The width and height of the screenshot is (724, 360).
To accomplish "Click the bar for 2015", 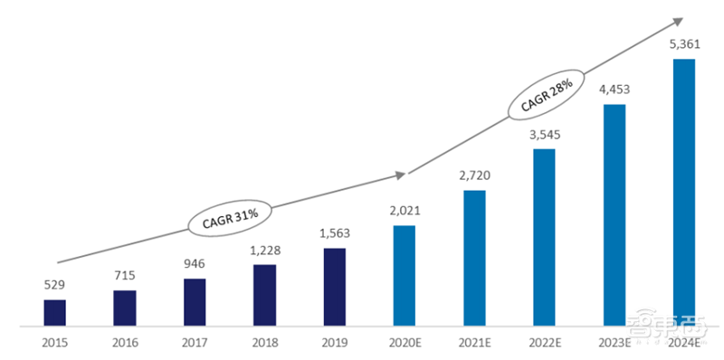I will [x=55, y=312].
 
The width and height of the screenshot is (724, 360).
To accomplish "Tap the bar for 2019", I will [x=335, y=286].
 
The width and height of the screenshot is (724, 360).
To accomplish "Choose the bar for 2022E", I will [x=544, y=237].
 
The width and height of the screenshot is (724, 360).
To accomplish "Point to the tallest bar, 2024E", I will [x=684, y=192].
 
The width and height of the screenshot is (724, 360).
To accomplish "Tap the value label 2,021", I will [x=405, y=212].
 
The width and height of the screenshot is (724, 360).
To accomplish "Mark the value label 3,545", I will [x=544, y=135].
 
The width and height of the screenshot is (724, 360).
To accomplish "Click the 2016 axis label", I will [x=125, y=343].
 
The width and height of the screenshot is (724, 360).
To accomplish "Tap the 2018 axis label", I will [x=265, y=343].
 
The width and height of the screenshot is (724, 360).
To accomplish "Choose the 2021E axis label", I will [x=474, y=343].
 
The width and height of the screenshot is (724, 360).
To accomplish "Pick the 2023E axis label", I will [x=614, y=343].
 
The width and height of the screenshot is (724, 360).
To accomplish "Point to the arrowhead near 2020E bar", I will [x=403, y=173].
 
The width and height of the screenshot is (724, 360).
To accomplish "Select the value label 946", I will [x=195, y=265].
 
